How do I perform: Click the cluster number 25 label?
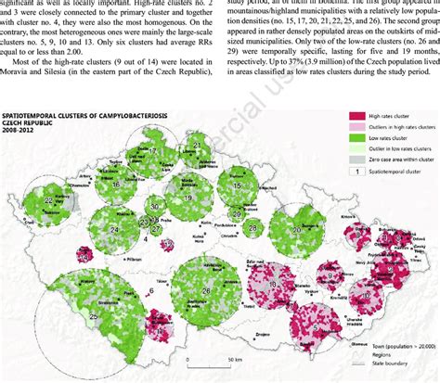pos(95,314)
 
